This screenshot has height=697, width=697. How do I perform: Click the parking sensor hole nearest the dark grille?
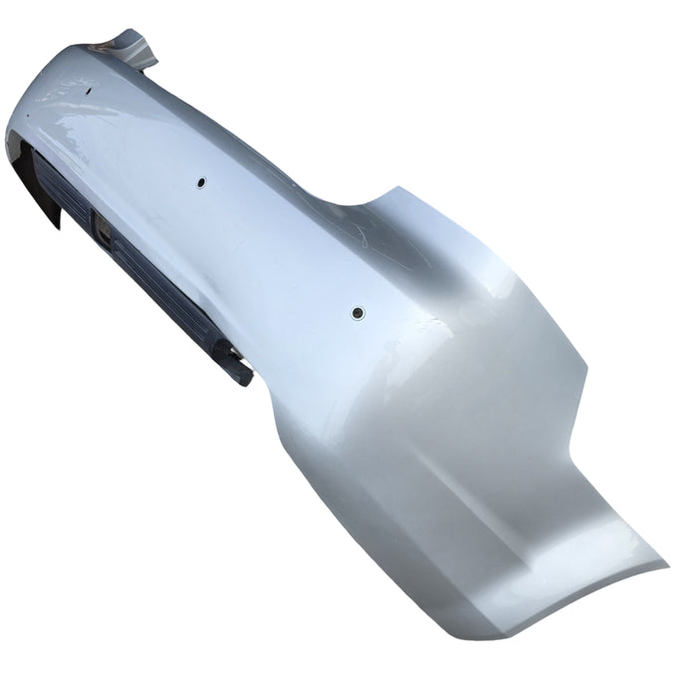(x=200, y=183)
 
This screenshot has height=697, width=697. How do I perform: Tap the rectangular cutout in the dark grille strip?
(x=104, y=232)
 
